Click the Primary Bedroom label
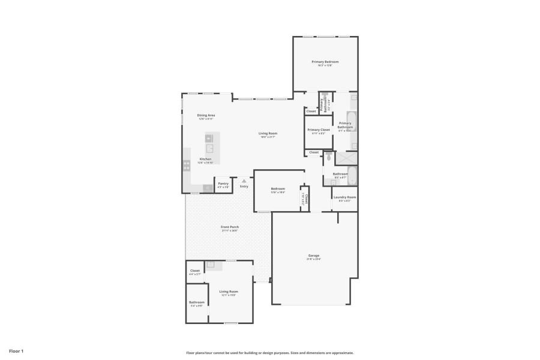(325, 62)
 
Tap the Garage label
(313, 256)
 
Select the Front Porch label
(230, 227)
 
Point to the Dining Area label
(206, 115)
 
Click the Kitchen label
(205, 159)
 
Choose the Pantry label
(223, 184)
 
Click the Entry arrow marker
(244, 180)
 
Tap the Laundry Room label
(344, 197)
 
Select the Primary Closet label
(319, 130)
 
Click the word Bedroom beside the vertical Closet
(277, 189)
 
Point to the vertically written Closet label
(306, 199)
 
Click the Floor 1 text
(16, 350)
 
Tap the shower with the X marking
(346, 158)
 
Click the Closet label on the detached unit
(195, 271)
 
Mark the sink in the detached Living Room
(210, 265)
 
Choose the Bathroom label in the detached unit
(197, 302)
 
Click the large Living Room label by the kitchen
(268, 133)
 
